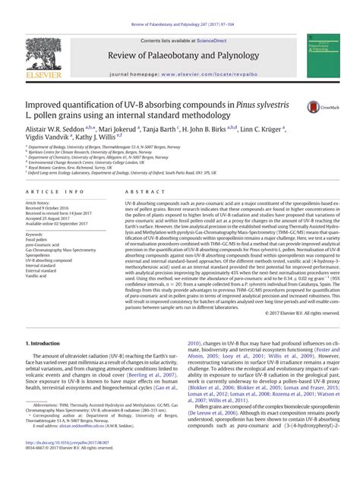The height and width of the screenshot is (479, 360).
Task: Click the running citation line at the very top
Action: (180, 6)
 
